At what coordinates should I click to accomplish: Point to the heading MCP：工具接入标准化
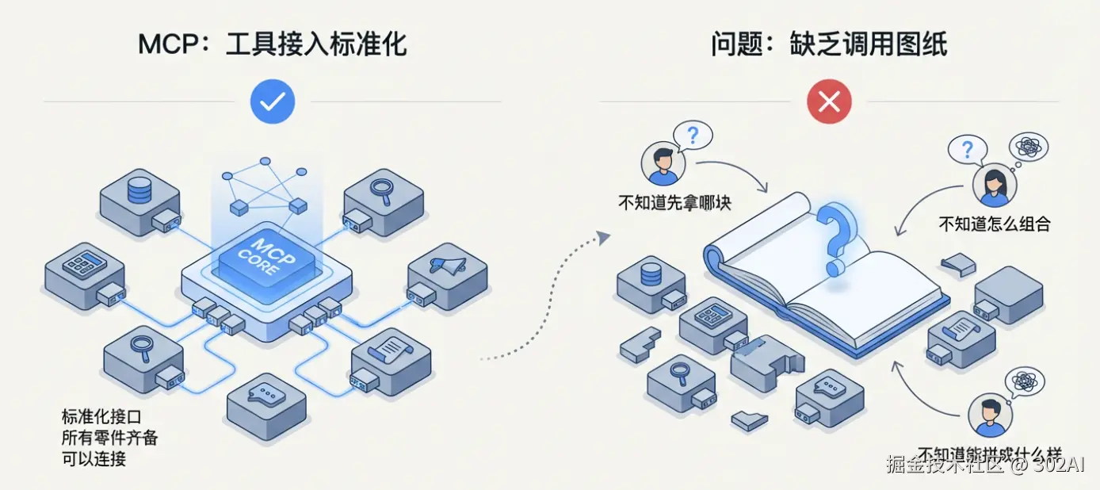(x=272, y=44)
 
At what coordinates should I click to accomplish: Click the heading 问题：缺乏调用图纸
(x=829, y=44)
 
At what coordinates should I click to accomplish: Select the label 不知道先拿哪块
(x=674, y=202)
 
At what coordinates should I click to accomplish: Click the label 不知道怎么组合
(x=994, y=224)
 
